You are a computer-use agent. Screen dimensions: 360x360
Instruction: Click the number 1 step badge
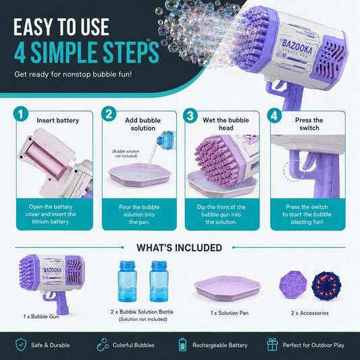tap(21, 114)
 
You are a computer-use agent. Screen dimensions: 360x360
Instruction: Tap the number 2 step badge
tap(109, 114)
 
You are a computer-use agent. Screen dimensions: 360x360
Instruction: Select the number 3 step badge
tap(190, 115)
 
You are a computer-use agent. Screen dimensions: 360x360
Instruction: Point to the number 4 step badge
tap(274, 115)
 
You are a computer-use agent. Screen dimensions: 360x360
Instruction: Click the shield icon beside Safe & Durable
tap(21, 345)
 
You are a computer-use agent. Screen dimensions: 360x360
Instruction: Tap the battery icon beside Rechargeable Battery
tap(182, 344)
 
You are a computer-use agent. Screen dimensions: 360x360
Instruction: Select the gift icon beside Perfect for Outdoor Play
tap(272, 344)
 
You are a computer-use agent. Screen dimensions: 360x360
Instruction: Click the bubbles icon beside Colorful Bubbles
tap(103, 344)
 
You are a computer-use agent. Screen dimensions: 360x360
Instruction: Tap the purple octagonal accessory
tap(293, 284)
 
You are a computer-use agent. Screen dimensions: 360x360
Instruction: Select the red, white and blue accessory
tap(326, 286)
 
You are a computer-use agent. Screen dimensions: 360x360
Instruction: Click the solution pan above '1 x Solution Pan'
tap(228, 288)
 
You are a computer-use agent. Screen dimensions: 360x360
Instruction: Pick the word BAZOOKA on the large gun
tap(297, 47)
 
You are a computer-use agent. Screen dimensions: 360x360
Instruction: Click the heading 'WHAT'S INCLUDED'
tap(179, 248)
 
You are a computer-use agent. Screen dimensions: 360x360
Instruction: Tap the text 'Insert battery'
tap(58, 120)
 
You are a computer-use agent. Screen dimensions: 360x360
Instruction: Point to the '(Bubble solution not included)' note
tap(126, 153)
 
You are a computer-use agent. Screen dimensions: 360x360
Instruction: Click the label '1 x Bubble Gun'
tap(41, 316)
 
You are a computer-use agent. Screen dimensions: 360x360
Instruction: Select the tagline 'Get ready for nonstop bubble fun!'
tap(73, 74)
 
